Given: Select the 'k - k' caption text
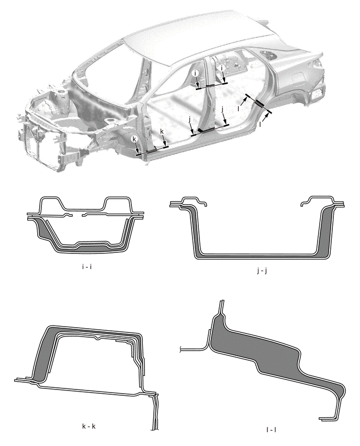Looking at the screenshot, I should pos(88,425).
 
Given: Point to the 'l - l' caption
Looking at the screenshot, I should pos(272,430).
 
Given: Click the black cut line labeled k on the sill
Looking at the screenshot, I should pos(152,151).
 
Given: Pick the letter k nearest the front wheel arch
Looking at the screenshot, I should pos(134,139).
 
